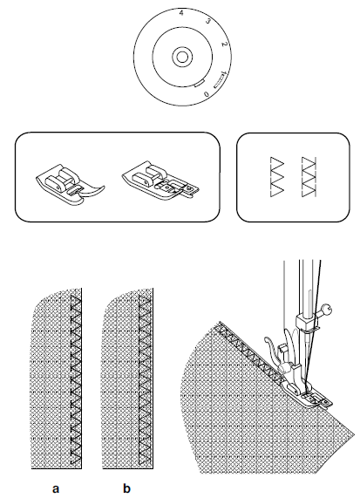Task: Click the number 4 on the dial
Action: [x=180, y=15]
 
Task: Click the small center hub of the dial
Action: [x=180, y=57]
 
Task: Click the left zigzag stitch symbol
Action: [x=276, y=178]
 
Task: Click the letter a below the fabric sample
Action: [x=56, y=488]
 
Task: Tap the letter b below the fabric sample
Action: [x=126, y=488]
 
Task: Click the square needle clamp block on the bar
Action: [x=306, y=325]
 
